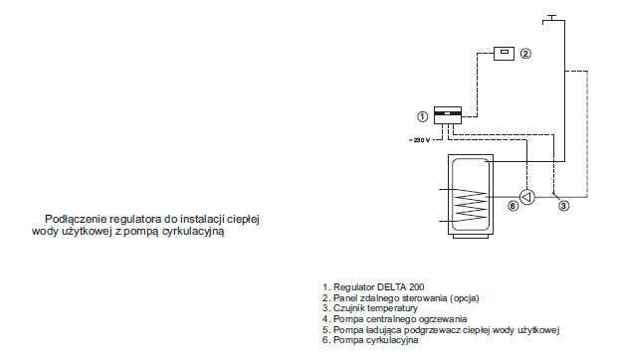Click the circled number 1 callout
[x=422, y=116]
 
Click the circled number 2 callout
[x=525, y=54]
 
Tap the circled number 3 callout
[x=564, y=206]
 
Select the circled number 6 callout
[x=513, y=206]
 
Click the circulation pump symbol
[x=527, y=197]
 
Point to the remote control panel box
[x=505, y=54]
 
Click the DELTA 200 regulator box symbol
[x=448, y=115]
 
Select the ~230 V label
[x=420, y=140]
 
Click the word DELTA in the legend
[x=390, y=287]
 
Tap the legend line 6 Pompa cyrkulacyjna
[x=370, y=340]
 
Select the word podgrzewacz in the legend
[x=435, y=329]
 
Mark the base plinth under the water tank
[x=471, y=237]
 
